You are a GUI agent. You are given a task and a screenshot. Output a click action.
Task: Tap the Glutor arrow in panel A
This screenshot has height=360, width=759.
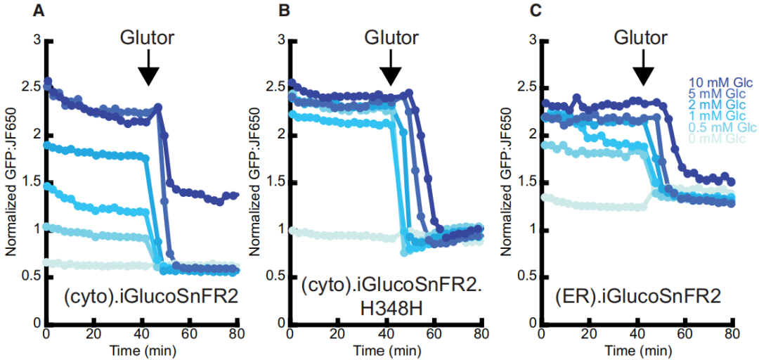148,72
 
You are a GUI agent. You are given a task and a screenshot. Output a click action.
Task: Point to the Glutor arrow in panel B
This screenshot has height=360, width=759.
391,72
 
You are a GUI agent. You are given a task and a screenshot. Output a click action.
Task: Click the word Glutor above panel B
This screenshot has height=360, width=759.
391,37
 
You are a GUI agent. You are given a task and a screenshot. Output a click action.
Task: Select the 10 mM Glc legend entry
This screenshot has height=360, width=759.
718,82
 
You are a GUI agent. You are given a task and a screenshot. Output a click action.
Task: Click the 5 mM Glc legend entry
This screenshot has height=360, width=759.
720,94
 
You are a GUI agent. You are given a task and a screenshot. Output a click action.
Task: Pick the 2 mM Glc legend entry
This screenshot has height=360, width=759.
720,105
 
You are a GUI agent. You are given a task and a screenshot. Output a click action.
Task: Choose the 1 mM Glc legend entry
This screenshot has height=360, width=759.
720,116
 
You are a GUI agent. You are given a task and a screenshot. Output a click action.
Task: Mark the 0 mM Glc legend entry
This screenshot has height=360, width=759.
720,139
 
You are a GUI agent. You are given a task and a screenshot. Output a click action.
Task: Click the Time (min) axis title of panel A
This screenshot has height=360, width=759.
143,349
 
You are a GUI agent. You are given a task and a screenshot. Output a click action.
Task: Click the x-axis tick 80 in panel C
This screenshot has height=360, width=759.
731,333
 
